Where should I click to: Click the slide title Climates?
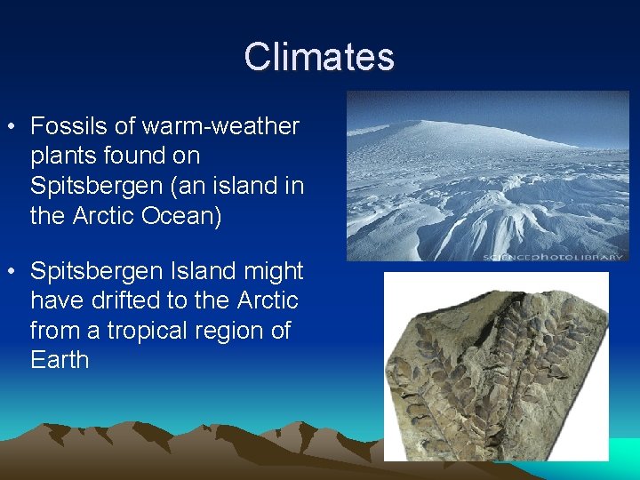coord(319,56)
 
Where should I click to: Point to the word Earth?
coord(60,360)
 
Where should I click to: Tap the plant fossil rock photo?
coord(496,366)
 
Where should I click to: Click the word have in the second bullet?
coord(56,300)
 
